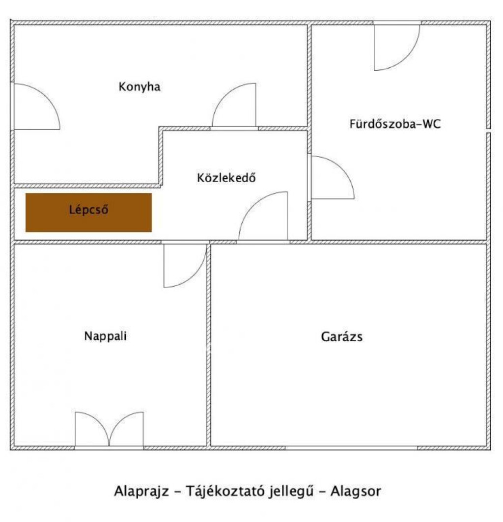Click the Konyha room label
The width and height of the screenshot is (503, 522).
(x=139, y=86)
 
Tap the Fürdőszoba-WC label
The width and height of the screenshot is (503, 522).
(x=395, y=124)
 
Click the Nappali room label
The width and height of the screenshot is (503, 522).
(x=105, y=336)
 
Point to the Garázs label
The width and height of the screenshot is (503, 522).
(x=342, y=336)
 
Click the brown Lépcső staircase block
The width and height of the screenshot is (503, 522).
(x=88, y=213)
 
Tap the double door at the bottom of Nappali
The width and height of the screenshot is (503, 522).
(x=109, y=430)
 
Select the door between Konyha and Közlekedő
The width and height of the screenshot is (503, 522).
(x=234, y=105)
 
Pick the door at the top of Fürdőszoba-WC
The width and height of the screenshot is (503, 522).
(x=397, y=47)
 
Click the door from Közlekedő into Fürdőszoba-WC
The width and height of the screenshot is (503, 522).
(x=333, y=177)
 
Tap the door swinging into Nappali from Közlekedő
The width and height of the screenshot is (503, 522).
(x=185, y=266)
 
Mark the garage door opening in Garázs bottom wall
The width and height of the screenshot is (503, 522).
(x=351, y=448)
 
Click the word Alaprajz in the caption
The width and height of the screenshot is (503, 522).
(x=141, y=492)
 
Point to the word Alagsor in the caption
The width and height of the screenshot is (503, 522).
(x=356, y=492)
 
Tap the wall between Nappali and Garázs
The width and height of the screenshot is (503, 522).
(x=209, y=345)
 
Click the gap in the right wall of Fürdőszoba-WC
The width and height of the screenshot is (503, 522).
(x=488, y=131)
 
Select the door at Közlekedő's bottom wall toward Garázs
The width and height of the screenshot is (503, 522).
(x=263, y=216)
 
